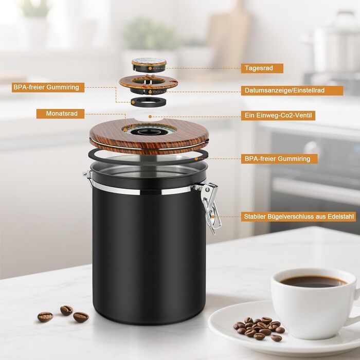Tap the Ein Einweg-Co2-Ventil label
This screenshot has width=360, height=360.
278,116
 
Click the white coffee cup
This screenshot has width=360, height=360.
315,303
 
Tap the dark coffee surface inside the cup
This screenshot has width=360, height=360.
313,281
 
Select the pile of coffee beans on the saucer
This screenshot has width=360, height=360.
259,328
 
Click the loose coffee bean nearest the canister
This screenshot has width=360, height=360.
81,317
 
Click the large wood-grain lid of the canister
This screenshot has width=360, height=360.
149,136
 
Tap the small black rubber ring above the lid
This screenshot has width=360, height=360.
149,102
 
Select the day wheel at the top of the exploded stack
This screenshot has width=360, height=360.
149,64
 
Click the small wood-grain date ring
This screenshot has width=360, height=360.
149,82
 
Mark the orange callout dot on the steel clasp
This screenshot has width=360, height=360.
213,217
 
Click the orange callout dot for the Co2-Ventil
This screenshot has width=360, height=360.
150,117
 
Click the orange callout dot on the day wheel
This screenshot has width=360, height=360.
150,68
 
